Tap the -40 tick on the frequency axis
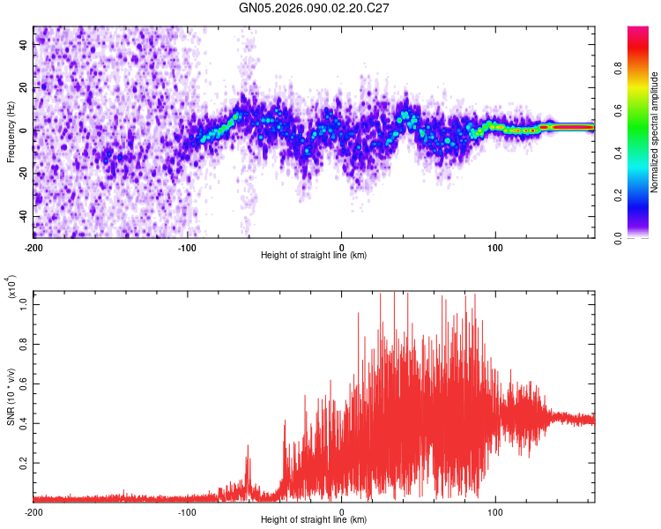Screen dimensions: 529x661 click(25, 216)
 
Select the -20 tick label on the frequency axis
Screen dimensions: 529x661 click(25, 173)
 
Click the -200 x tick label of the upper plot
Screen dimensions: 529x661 click(33, 247)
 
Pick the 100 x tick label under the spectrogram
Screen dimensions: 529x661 click(495, 247)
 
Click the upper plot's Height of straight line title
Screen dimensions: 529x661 click(314, 256)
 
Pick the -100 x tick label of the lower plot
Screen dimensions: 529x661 click(187, 511)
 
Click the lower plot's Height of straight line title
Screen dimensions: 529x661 click(314, 520)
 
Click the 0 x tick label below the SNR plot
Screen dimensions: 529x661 click(342, 511)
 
